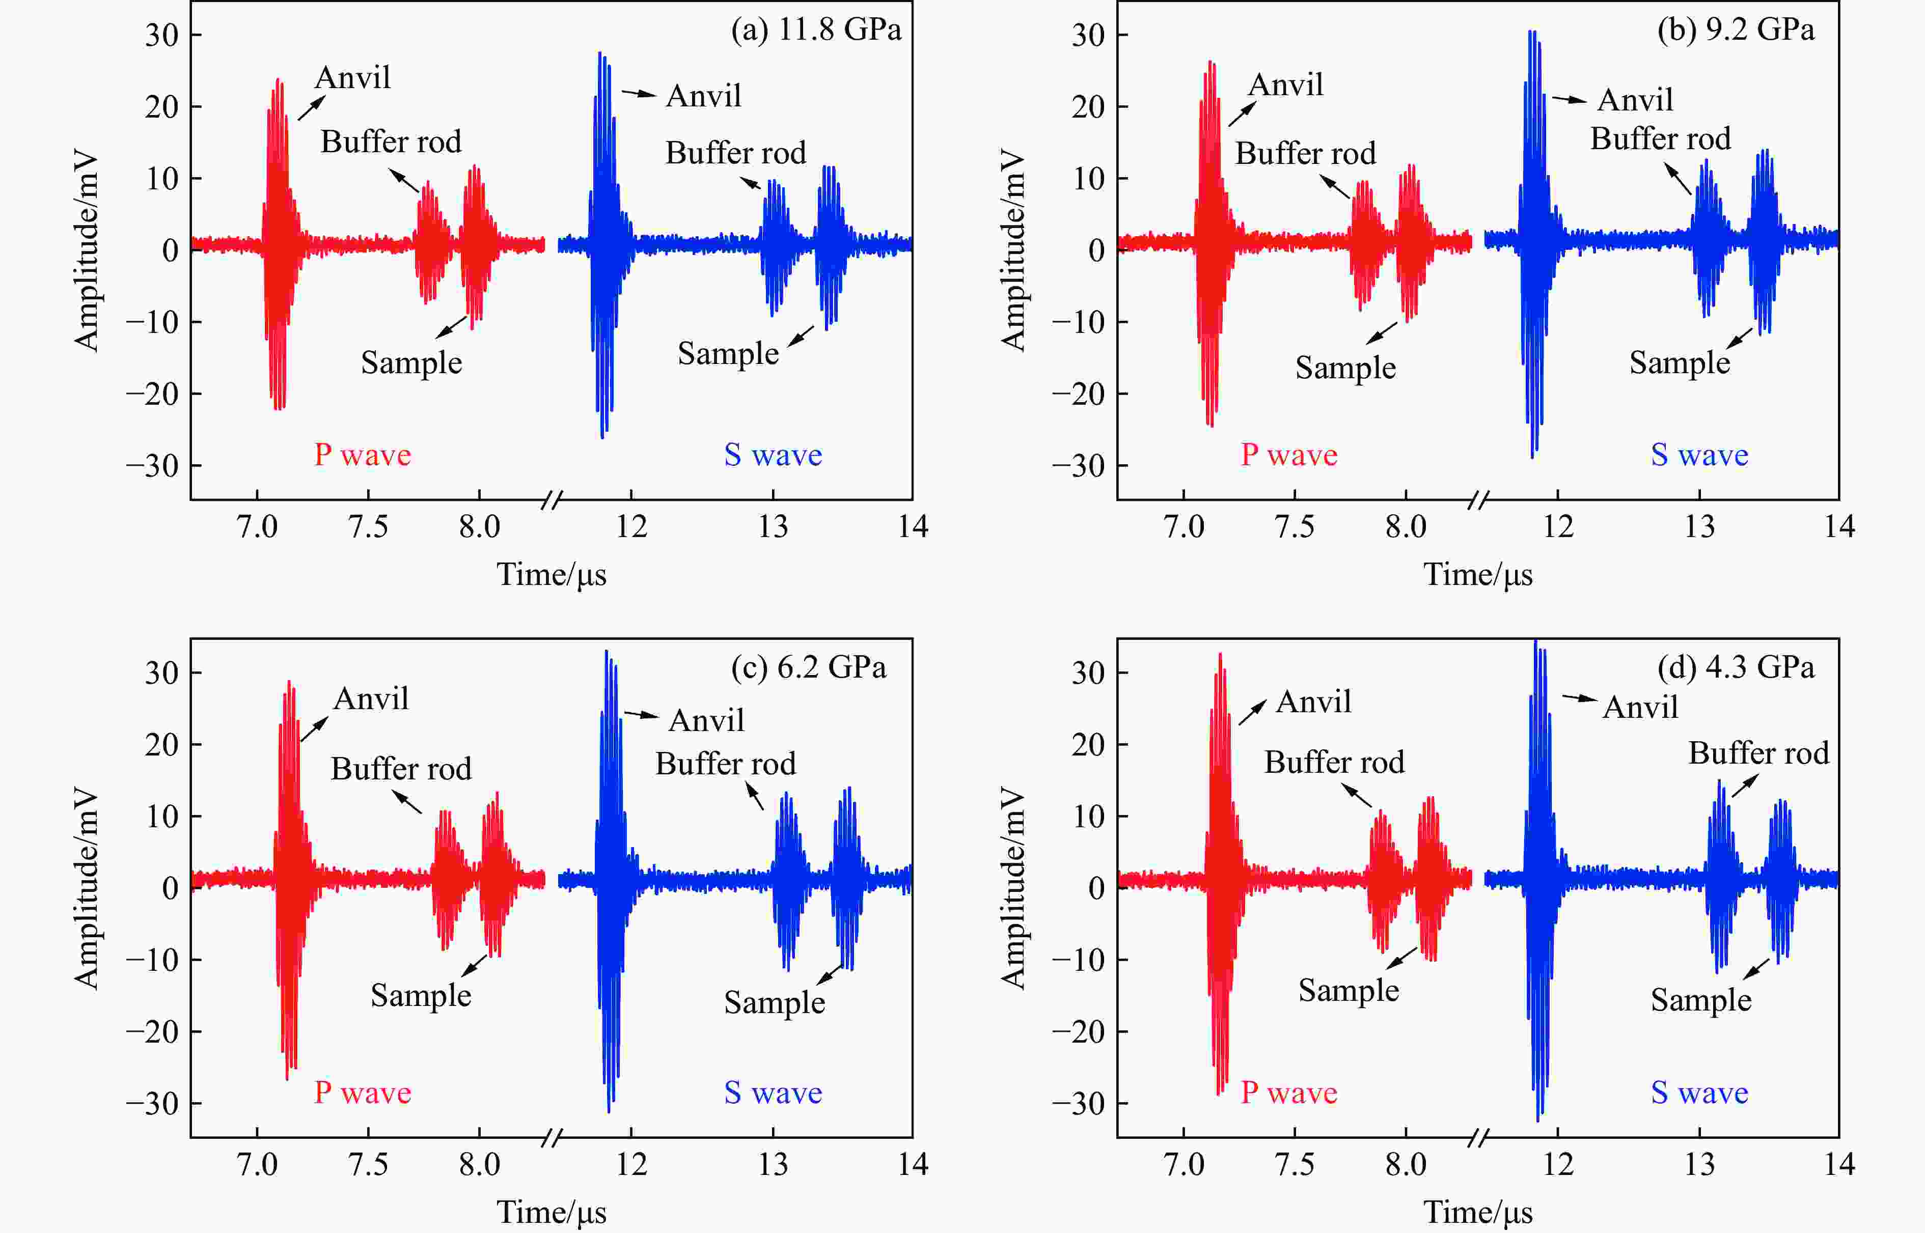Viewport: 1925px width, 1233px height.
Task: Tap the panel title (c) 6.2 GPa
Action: (808, 668)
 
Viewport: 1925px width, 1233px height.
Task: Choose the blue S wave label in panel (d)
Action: (1699, 1093)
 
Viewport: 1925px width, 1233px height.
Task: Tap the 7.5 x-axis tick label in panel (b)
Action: (1294, 527)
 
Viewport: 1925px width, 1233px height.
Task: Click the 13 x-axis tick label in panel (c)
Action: (773, 1164)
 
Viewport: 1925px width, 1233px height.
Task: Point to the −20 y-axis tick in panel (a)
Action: (152, 394)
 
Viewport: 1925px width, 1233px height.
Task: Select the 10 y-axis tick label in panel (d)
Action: (1089, 817)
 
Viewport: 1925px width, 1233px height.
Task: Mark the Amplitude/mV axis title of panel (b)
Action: (1013, 250)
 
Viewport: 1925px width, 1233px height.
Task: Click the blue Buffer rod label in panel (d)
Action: (1758, 753)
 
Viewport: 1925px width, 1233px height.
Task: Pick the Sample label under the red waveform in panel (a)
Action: (411, 362)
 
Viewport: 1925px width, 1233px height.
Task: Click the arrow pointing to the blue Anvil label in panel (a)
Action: (638, 94)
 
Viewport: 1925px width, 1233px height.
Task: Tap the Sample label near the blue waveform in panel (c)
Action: (774, 1002)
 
